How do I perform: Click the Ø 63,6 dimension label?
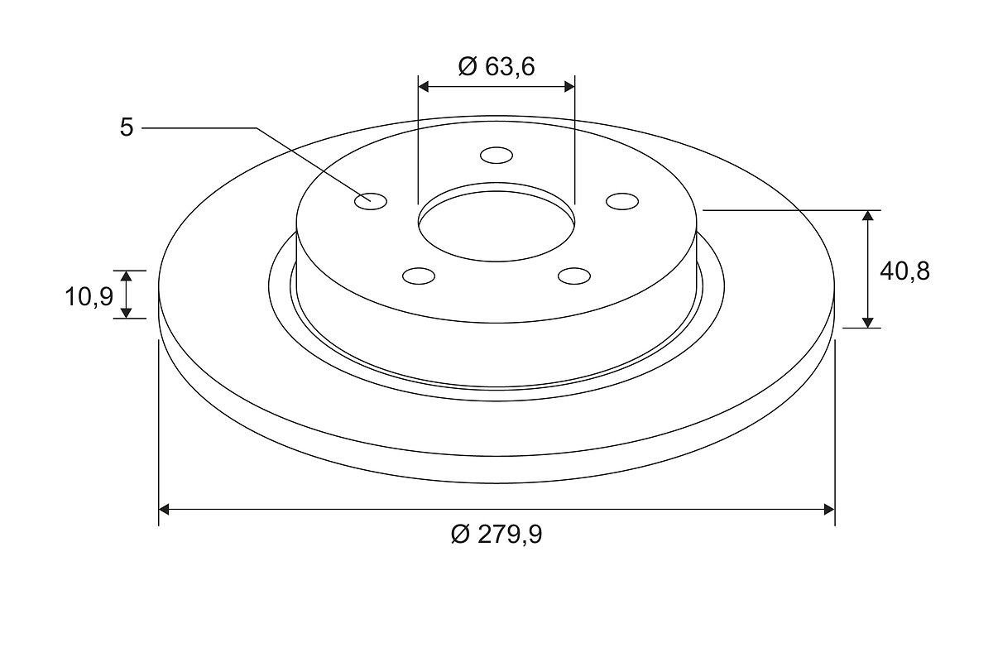(x=496, y=66)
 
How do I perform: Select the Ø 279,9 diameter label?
(x=496, y=535)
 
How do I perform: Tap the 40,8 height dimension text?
(x=904, y=271)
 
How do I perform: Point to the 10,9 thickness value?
(x=89, y=296)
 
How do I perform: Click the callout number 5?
(x=127, y=127)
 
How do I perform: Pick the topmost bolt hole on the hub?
(x=496, y=156)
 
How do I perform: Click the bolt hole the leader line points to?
(x=371, y=201)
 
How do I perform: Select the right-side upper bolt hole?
(x=622, y=201)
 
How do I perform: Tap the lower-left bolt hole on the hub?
(x=419, y=276)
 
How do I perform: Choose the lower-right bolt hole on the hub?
(x=574, y=276)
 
